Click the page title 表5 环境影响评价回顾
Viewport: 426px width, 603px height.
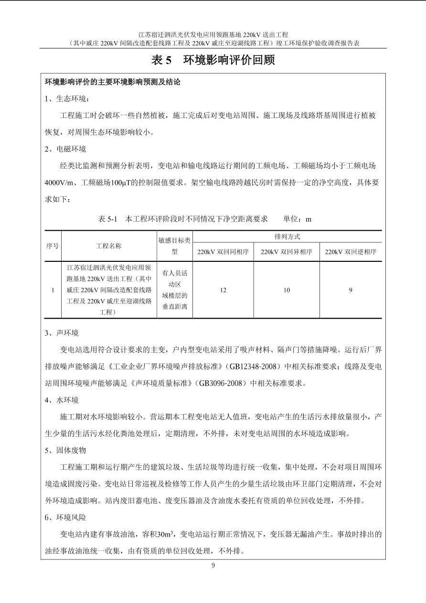(213, 60)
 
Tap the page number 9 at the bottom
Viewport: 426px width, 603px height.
(213, 566)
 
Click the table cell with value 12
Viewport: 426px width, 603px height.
(223, 290)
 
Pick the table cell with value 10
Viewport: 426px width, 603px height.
(287, 290)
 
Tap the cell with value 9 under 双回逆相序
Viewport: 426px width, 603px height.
(351, 290)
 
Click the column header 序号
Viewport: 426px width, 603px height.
(53, 246)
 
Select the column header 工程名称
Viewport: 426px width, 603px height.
(109, 246)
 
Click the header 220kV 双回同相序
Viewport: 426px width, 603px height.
(223, 252)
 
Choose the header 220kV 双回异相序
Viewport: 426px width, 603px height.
(287, 252)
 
